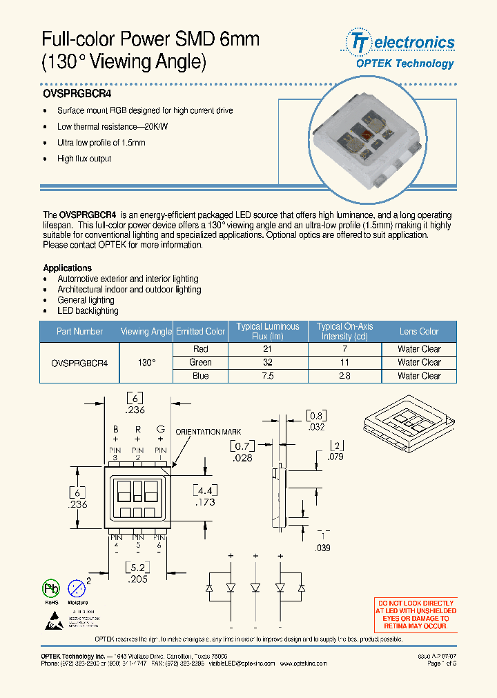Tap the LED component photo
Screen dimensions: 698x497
coord(366,138)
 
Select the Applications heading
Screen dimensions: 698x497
coord(67,268)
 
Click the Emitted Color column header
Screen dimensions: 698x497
coord(200,332)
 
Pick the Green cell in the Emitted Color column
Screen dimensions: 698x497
coord(200,362)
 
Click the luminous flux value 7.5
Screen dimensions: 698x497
coord(268,376)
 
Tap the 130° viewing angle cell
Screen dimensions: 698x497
coord(146,362)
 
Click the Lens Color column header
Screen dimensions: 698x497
coord(418,332)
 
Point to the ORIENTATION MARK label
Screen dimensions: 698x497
coord(208,432)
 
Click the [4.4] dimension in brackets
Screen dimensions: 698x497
coord(206,490)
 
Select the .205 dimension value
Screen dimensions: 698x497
coord(138,580)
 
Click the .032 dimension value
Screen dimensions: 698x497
coord(315,427)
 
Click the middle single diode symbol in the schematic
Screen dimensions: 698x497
coord(255,588)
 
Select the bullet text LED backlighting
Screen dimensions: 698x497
coord(88,310)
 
